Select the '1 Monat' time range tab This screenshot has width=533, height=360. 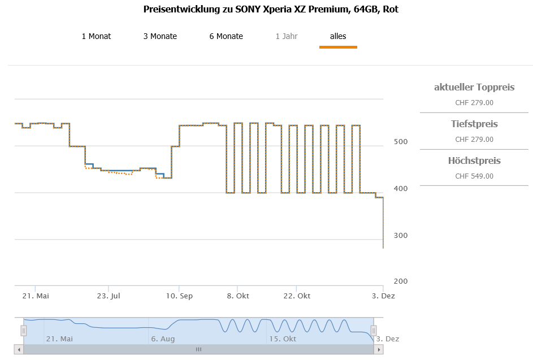pyautogui.click(x=96, y=36)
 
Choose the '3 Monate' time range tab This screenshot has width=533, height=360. pyautogui.click(x=160, y=36)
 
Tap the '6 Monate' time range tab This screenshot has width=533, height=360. pyautogui.click(x=226, y=36)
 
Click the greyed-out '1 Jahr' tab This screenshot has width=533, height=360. pyautogui.click(x=287, y=36)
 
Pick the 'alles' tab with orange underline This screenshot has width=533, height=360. pyautogui.click(x=338, y=36)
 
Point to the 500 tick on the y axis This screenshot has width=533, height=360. pyautogui.click(x=401, y=141)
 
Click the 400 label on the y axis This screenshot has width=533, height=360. pyautogui.click(x=401, y=188)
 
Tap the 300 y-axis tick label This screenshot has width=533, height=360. pyautogui.click(x=401, y=235)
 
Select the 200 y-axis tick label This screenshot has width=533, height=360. pyautogui.click(x=401, y=281)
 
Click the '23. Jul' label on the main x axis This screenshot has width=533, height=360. pyautogui.click(x=109, y=296)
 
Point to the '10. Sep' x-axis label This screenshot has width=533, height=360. pyautogui.click(x=179, y=296)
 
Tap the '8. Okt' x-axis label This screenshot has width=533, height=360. pyautogui.click(x=238, y=296)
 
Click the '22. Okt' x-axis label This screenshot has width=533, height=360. pyautogui.click(x=297, y=296)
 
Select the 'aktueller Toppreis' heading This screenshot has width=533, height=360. pyautogui.click(x=474, y=87)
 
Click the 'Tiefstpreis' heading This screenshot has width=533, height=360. pyautogui.click(x=474, y=124)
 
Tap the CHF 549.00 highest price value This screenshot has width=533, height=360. pyautogui.click(x=474, y=176)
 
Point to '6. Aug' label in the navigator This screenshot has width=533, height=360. pyautogui.click(x=163, y=339)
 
